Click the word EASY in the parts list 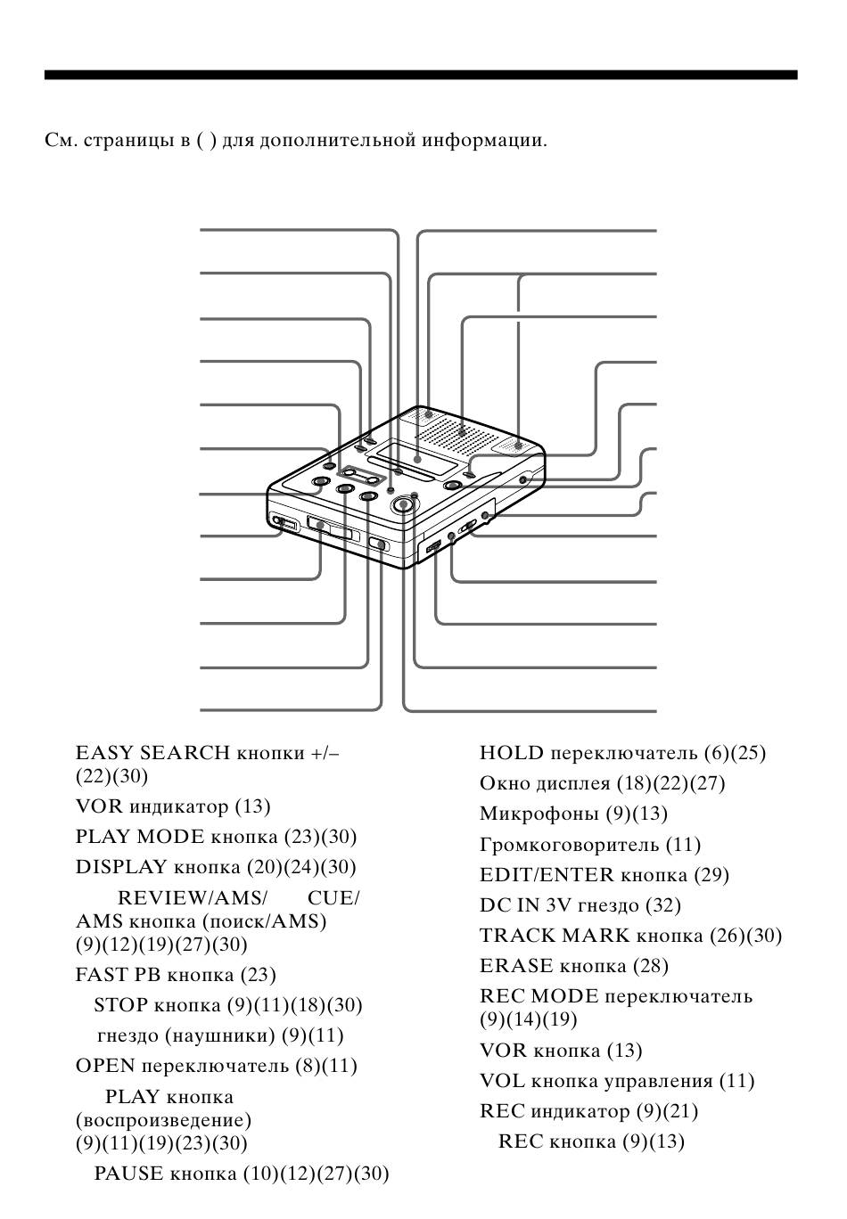coord(104,753)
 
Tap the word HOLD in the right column coord(511,753)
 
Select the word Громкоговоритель coord(569,845)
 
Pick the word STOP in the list coord(121,1004)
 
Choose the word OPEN coord(105,1066)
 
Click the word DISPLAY coord(121,866)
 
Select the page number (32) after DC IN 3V coord(663,905)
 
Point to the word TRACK coord(517,935)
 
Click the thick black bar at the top coord(421,75)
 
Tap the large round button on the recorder coord(403,504)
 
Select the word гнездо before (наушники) coord(132,1035)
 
